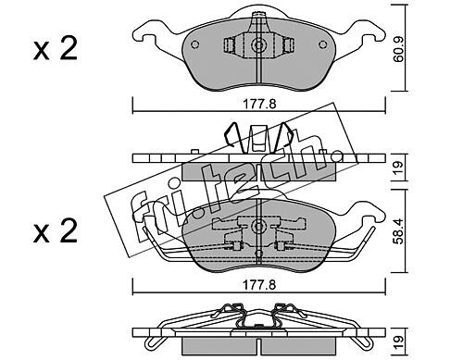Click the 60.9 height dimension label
pos(398,50)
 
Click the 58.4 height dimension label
pos(398,231)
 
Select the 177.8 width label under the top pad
pos(259,105)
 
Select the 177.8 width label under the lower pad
pos(259,285)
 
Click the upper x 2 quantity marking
pos(56,49)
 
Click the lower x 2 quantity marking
pos(56,230)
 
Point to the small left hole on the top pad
pos(194,44)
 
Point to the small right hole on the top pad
pos(322,44)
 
